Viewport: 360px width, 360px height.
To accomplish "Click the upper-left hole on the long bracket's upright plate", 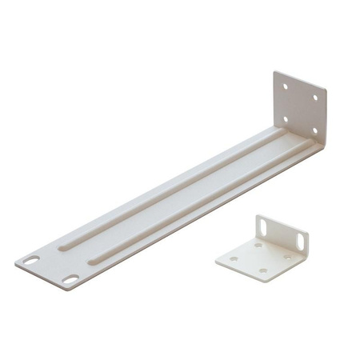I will click(284, 82).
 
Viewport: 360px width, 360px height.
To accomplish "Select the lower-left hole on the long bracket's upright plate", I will click(285, 118).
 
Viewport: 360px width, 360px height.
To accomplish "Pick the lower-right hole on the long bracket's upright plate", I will click(314, 130).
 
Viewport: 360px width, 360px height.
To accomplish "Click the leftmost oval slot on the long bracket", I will click(31, 261).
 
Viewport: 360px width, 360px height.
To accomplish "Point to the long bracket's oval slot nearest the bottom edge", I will click(70, 280).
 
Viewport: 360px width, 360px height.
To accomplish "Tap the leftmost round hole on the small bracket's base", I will click(234, 258).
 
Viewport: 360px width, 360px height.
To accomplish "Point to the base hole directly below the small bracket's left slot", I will click(257, 245).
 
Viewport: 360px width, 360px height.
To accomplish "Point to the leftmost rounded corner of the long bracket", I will click(18, 262).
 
